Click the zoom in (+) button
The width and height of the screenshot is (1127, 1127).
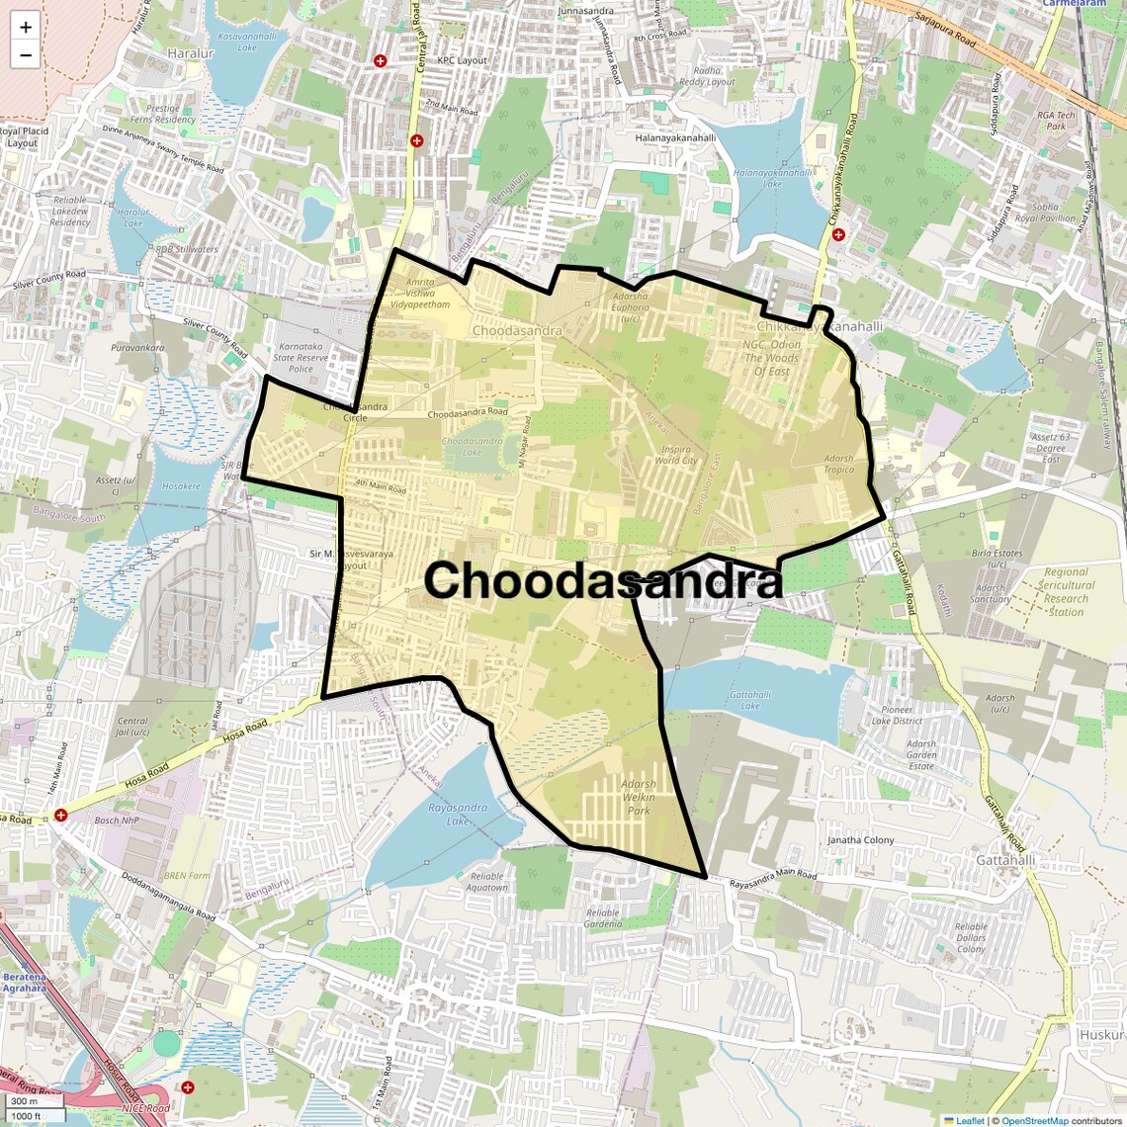tap(26, 28)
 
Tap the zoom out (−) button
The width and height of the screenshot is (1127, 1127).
tap(26, 55)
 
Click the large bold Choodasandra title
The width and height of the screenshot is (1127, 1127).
tap(604, 580)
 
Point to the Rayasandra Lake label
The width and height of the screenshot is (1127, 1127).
tap(458, 815)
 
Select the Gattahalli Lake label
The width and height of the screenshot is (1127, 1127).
tap(750, 700)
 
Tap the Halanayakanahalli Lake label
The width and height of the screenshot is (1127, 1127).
tap(772, 178)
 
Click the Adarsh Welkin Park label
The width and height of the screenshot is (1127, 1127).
tap(639, 797)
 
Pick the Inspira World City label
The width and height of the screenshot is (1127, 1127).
tap(676, 455)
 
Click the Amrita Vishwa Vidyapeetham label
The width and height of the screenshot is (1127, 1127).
tap(420, 294)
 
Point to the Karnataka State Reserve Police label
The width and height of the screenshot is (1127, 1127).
tap(301, 358)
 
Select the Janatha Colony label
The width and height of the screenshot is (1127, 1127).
tap(860, 840)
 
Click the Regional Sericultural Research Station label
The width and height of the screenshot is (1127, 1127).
tap(1066, 591)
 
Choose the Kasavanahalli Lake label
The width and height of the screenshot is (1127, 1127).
tap(247, 42)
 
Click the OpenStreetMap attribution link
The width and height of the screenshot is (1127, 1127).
tap(1034, 1120)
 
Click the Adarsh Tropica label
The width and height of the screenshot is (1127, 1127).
tap(838, 464)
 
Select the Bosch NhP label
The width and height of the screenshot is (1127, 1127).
tap(117, 821)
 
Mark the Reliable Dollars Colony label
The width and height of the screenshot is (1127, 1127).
tap(971, 938)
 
